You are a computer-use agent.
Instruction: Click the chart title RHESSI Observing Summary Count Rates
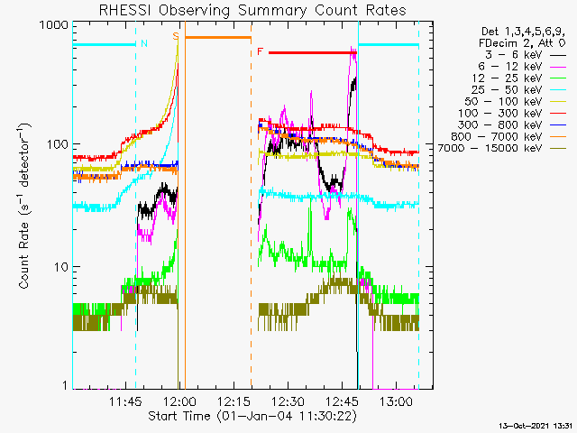click(252, 10)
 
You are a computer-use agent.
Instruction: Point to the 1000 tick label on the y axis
click(54, 25)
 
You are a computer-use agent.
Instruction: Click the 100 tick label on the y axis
click(58, 144)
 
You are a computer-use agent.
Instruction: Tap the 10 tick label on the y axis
click(61, 267)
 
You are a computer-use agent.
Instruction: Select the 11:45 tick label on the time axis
click(125, 401)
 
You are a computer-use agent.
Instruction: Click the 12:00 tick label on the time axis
click(180, 401)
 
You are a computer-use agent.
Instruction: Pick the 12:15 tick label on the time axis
click(234, 401)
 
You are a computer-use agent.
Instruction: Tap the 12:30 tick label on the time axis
click(288, 401)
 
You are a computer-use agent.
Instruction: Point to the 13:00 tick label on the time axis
click(397, 401)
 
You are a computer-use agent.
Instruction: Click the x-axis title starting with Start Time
click(252, 416)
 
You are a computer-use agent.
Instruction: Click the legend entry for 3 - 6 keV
click(525, 55)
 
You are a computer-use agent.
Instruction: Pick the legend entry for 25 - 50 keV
click(518, 90)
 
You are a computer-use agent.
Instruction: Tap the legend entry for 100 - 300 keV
click(512, 114)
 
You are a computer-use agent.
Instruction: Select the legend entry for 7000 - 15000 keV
click(502, 148)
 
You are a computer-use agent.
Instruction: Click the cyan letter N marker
click(144, 43)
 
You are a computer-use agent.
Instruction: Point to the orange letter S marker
click(176, 36)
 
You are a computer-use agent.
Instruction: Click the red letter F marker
click(261, 51)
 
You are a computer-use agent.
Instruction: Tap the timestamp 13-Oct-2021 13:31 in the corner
click(536, 426)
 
